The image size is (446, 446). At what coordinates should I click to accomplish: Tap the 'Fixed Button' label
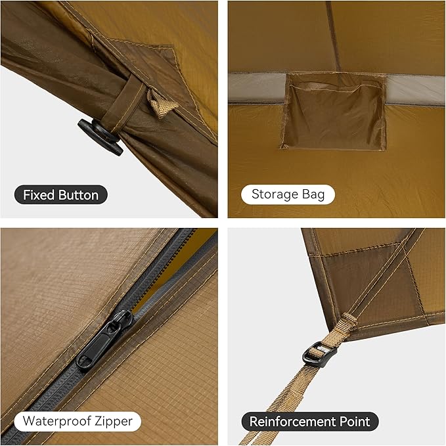pyautogui.click(x=60, y=195)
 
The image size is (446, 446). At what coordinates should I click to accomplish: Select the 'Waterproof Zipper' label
pyautogui.click(x=78, y=421)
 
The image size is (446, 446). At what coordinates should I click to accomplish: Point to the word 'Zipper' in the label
pyautogui.click(x=114, y=421)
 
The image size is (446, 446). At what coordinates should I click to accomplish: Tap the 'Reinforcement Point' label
pyautogui.click(x=309, y=421)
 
